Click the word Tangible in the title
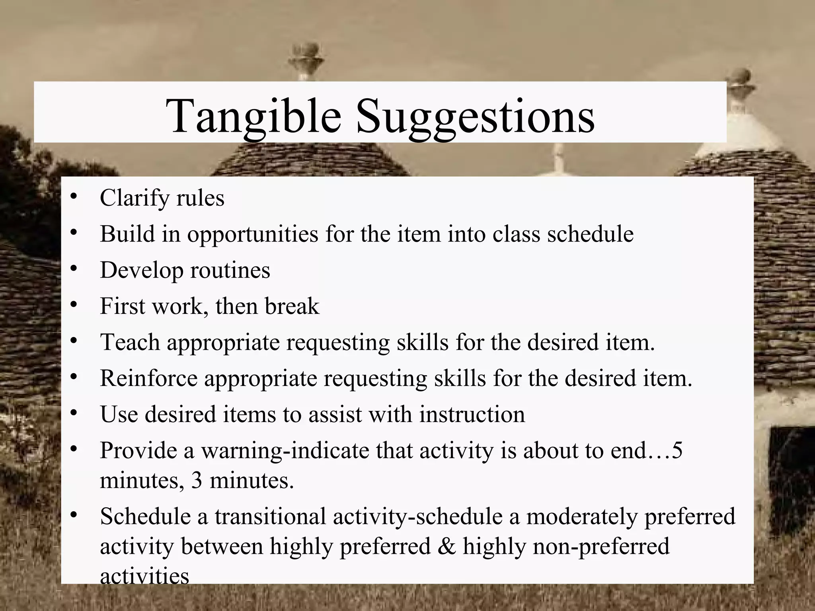click(253, 116)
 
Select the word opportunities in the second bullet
click(253, 234)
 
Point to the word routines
click(230, 270)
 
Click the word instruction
click(472, 414)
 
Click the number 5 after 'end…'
click(677, 451)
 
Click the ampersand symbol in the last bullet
click(446, 546)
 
